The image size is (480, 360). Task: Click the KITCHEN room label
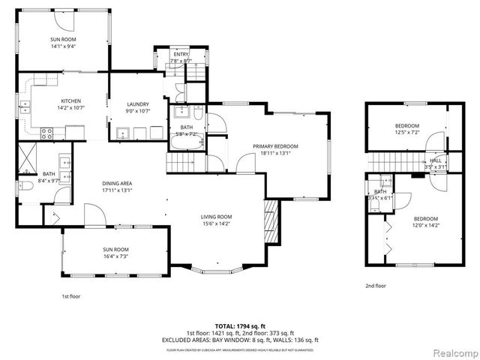coord(71,101)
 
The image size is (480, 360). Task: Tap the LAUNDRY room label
coord(138,104)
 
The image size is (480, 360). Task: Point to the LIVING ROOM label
coord(216,217)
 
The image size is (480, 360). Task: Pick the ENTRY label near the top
coord(181,55)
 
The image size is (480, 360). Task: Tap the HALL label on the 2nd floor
coord(436,160)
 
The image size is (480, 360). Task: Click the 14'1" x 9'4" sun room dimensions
coord(64,46)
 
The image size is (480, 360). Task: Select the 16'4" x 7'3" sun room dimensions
coord(115,256)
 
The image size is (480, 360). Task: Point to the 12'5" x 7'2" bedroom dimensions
coord(407,132)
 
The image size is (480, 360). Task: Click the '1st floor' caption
coord(71,295)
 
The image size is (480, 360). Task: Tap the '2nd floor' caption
coord(376,286)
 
